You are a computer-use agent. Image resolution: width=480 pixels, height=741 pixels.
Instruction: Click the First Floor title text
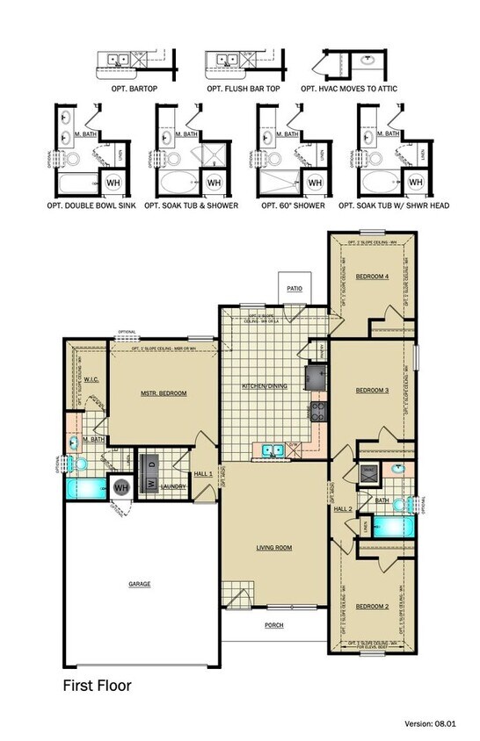(x=97, y=685)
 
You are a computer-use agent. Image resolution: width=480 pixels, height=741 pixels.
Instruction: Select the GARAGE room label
(x=140, y=583)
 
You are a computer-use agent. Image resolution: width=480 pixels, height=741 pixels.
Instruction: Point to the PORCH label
(x=274, y=625)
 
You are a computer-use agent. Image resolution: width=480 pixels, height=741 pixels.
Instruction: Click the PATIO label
(x=293, y=287)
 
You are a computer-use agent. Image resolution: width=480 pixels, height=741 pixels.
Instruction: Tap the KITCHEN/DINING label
(x=264, y=386)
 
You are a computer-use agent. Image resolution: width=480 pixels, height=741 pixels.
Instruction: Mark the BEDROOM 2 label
(x=372, y=606)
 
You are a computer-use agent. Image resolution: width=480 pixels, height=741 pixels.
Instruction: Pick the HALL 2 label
(x=343, y=508)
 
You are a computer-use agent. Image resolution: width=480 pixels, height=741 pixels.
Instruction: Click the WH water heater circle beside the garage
(x=120, y=486)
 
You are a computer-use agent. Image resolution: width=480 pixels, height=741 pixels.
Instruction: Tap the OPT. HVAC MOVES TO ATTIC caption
(x=344, y=89)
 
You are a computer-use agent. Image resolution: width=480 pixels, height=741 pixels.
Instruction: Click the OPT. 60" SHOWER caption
(x=293, y=205)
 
